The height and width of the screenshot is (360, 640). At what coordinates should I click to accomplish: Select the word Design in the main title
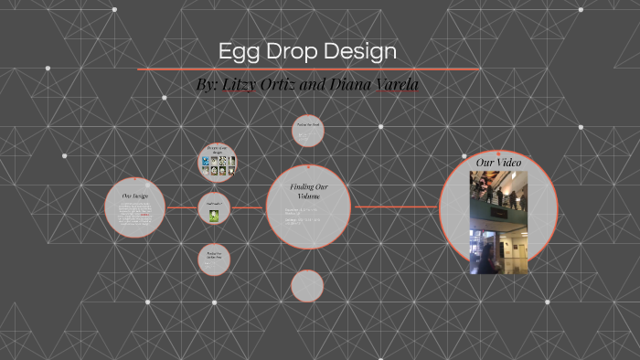(367, 51)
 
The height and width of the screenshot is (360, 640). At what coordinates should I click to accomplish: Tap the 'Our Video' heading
(498, 162)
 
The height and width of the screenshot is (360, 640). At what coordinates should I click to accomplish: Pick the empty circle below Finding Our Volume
(307, 286)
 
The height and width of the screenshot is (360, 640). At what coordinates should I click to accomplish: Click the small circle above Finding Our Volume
(307, 130)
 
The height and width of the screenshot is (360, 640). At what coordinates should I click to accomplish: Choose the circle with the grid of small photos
(218, 163)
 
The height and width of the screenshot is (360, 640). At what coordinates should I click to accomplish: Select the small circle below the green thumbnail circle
(215, 259)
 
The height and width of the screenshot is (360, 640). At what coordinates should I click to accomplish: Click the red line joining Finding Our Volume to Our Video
(395, 207)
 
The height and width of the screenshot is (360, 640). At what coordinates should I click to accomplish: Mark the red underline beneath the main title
(308, 69)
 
